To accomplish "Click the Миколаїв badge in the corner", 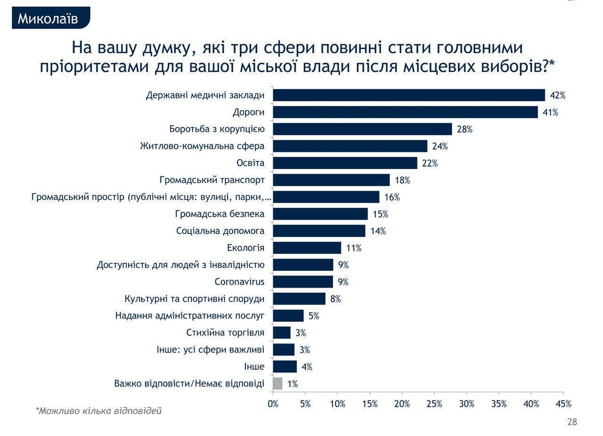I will coord(48,18).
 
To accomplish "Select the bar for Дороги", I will coord(405,112).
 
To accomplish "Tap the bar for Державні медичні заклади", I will coord(409,95).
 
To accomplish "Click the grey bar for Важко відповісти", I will coord(277,383).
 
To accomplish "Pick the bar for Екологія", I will coord(307,248).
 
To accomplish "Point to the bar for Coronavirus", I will coord(303,282).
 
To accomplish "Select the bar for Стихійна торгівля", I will coord(282,332).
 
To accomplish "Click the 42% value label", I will coord(557,96).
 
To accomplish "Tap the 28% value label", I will coord(464,129).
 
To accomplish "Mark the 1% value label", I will coord(293,384).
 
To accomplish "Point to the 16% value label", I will coord(392,197).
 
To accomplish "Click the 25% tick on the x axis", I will coord(434,404).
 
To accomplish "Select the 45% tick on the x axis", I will coord(563,404).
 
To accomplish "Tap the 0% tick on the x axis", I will coord(273,404).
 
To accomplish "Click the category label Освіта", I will coord(250,163).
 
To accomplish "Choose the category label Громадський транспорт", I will coord(212,180).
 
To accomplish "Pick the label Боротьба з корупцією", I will coord(217,129).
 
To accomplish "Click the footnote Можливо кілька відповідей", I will coord(99,411).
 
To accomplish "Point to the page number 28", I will coord(572,422).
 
